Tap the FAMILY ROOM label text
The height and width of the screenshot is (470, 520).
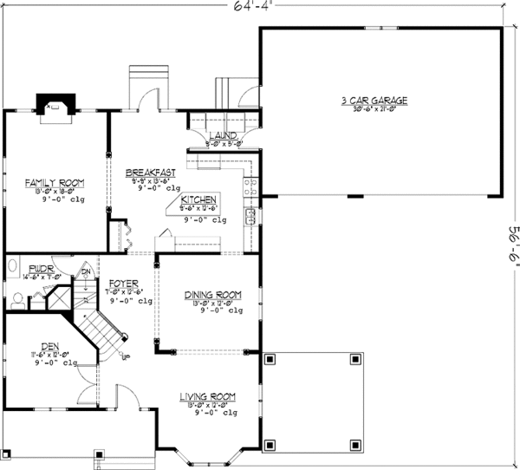pos(53,182)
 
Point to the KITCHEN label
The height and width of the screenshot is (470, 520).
pos(198,198)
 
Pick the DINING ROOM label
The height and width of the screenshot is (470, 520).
pos(212,295)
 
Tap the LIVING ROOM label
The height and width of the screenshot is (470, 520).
pos(208,396)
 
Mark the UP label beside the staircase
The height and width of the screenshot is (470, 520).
pos(127,356)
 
